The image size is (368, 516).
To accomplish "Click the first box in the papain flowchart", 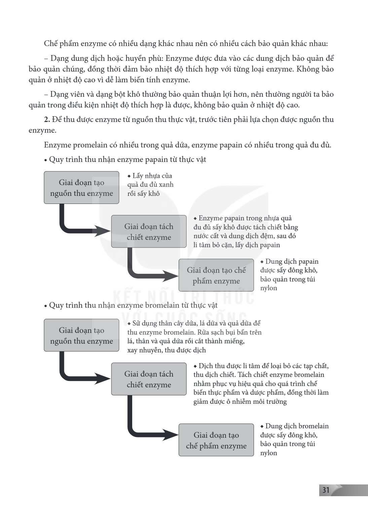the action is [x=81, y=187].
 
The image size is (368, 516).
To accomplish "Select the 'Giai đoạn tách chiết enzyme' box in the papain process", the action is [x=149, y=231].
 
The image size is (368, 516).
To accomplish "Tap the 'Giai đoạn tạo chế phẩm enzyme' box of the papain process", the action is [x=216, y=275].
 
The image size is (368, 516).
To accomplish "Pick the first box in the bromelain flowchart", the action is [x=81, y=335].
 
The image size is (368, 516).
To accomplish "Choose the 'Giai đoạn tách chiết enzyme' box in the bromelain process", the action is [x=149, y=379].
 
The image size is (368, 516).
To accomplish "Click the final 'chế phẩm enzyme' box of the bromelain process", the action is [x=216, y=440].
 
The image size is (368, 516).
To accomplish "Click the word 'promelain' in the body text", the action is [x=90, y=145].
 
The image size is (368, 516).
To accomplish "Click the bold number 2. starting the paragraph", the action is [x=47, y=120].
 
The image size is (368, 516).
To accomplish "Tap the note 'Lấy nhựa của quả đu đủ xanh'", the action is [x=150, y=180].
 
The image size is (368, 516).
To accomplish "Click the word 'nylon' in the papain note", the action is [x=268, y=288].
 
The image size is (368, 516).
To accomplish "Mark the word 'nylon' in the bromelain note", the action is [x=268, y=453].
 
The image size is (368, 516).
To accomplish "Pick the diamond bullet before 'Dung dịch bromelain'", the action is [x=262, y=426].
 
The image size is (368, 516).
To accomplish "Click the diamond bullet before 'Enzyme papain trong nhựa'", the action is [x=195, y=218].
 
